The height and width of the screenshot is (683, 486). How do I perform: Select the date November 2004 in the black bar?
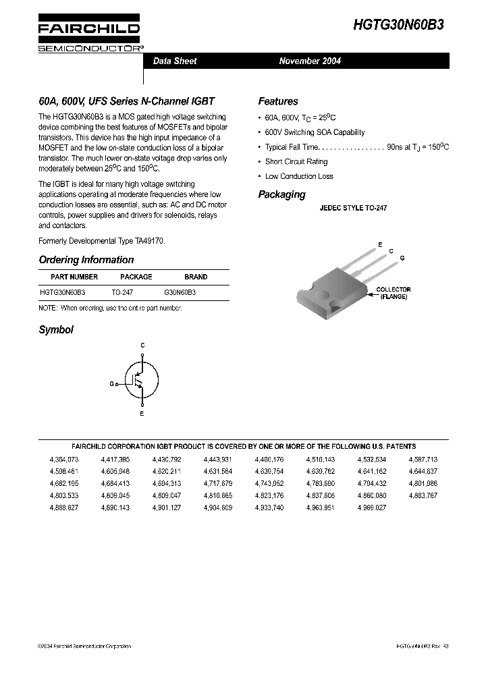click(x=310, y=61)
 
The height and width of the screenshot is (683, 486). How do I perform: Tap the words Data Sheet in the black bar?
click(x=175, y=61)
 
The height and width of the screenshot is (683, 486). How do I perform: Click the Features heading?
click(x=277, y=102)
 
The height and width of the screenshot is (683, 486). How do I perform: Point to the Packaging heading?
click(x=281, y=195)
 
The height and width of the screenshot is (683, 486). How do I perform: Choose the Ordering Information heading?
click(x=86, y=260)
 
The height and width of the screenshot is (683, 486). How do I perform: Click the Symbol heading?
click(x=56, y=330)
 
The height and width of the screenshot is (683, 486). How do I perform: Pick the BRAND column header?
click(x=196, y=277)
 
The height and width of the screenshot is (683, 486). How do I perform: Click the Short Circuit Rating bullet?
click(x=296, y=162)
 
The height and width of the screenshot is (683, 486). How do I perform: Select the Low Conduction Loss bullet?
click(x=299, y=177)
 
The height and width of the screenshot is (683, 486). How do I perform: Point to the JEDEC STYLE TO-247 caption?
click(x=353, y=209)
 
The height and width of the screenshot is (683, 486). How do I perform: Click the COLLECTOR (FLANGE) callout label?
click(x=393, y=293)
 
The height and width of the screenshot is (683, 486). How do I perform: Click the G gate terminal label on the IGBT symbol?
click(x=111, y=383)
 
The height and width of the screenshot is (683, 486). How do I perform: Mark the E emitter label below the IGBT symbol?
click(x=142, y=414)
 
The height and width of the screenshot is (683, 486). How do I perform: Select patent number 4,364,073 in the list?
click(x=63, y=459)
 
